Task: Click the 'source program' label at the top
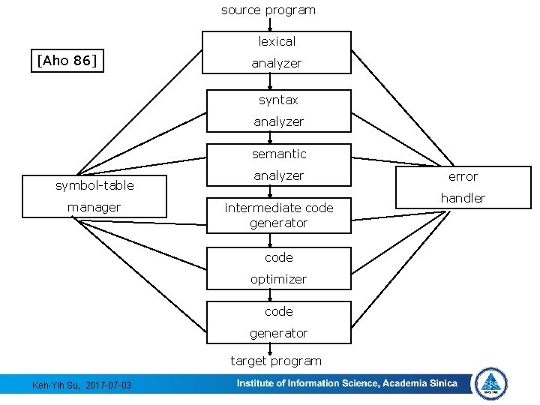(x=268, y=10)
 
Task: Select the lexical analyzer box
(x=277, y=52)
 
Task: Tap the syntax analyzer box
(x=278, y=110)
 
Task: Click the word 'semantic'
(x=278, y=154)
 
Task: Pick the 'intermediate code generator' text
(x=278, y=215)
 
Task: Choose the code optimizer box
(x=278, y=268)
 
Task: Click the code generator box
(x=278, y=322)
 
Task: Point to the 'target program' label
(x=276, y=361)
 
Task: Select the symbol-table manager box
(x=94, y=196)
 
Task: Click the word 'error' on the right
(x=463, y=176)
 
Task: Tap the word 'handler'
(x=463, y=198)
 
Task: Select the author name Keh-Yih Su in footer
(x=56, y=385)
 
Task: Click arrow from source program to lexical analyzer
(x=270, y=25)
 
